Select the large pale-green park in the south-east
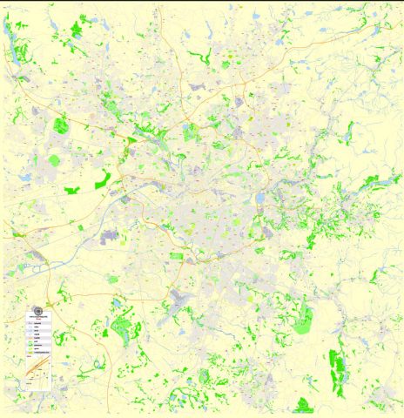[302, 325]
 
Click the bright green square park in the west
[60, 125]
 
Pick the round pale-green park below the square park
[56, 160]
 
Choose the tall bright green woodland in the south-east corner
[336, 366]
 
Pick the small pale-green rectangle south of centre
[177, 256]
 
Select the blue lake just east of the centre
[259, 199]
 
